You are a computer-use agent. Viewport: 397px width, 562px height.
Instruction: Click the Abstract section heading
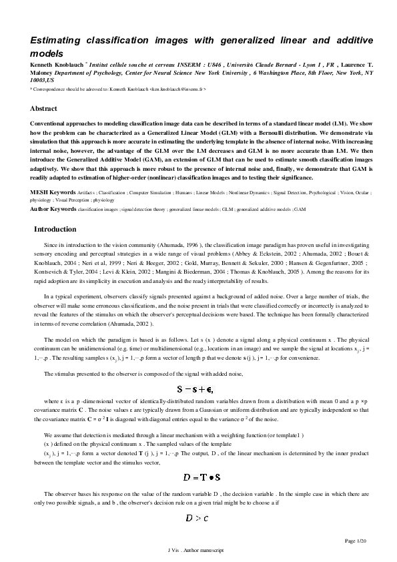43,108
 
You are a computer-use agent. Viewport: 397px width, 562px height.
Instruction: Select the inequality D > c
198,517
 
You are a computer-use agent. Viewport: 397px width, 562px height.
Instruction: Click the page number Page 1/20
357,539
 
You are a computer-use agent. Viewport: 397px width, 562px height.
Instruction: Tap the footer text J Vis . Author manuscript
197,550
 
